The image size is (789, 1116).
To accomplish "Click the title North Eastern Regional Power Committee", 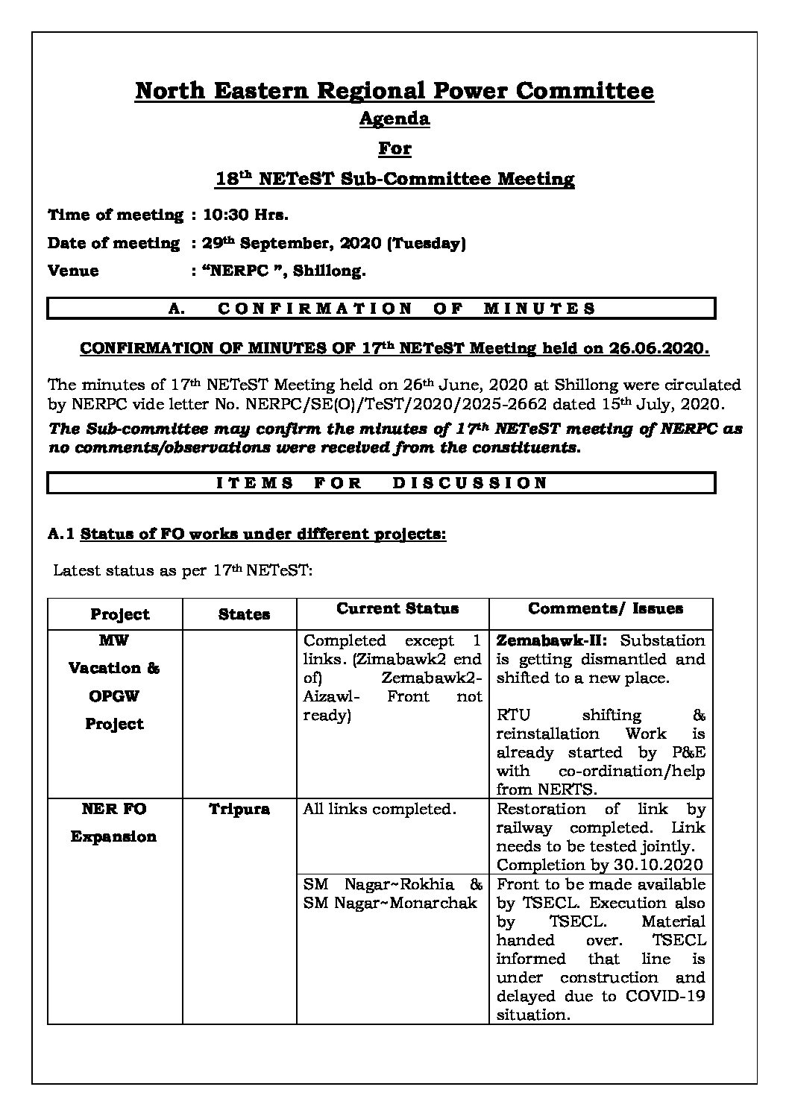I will pos(394,92).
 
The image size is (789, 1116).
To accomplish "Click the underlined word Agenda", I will pos(394,119).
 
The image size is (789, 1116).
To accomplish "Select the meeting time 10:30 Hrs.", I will pos(245,215).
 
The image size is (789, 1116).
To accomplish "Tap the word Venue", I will pos(73,271).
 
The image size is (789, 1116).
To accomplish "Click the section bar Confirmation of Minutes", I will pos(381,309).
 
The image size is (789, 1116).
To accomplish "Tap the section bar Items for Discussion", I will pos(381,483).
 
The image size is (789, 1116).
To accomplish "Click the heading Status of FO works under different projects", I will pos(263,535).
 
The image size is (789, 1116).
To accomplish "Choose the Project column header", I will pos(119,615).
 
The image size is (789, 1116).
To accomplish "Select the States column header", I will pos(244,615).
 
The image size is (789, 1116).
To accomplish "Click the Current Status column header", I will pos(397,609).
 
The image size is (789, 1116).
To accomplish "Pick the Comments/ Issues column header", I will pos(606,609).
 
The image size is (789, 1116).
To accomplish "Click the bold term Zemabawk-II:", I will pos(555,641).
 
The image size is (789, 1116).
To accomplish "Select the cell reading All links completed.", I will pos(380,810).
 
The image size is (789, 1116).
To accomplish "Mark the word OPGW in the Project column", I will pos(114,697).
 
